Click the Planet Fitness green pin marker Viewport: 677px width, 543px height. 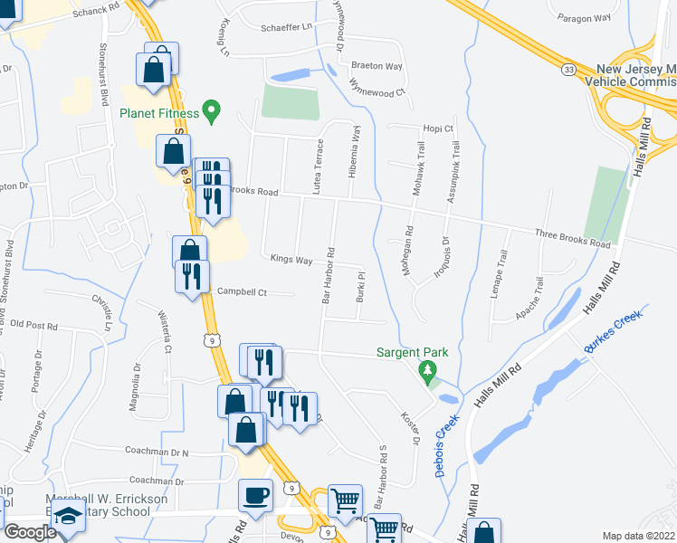pos(212,112)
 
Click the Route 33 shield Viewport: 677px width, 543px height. pos(567,69)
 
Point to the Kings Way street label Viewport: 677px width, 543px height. pos(291,260)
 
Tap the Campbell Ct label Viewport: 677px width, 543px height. pos(243,291)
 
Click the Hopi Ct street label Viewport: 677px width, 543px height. pos(436,129)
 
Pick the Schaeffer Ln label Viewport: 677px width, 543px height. pos(281,26)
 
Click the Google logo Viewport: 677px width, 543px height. pos(30,532)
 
